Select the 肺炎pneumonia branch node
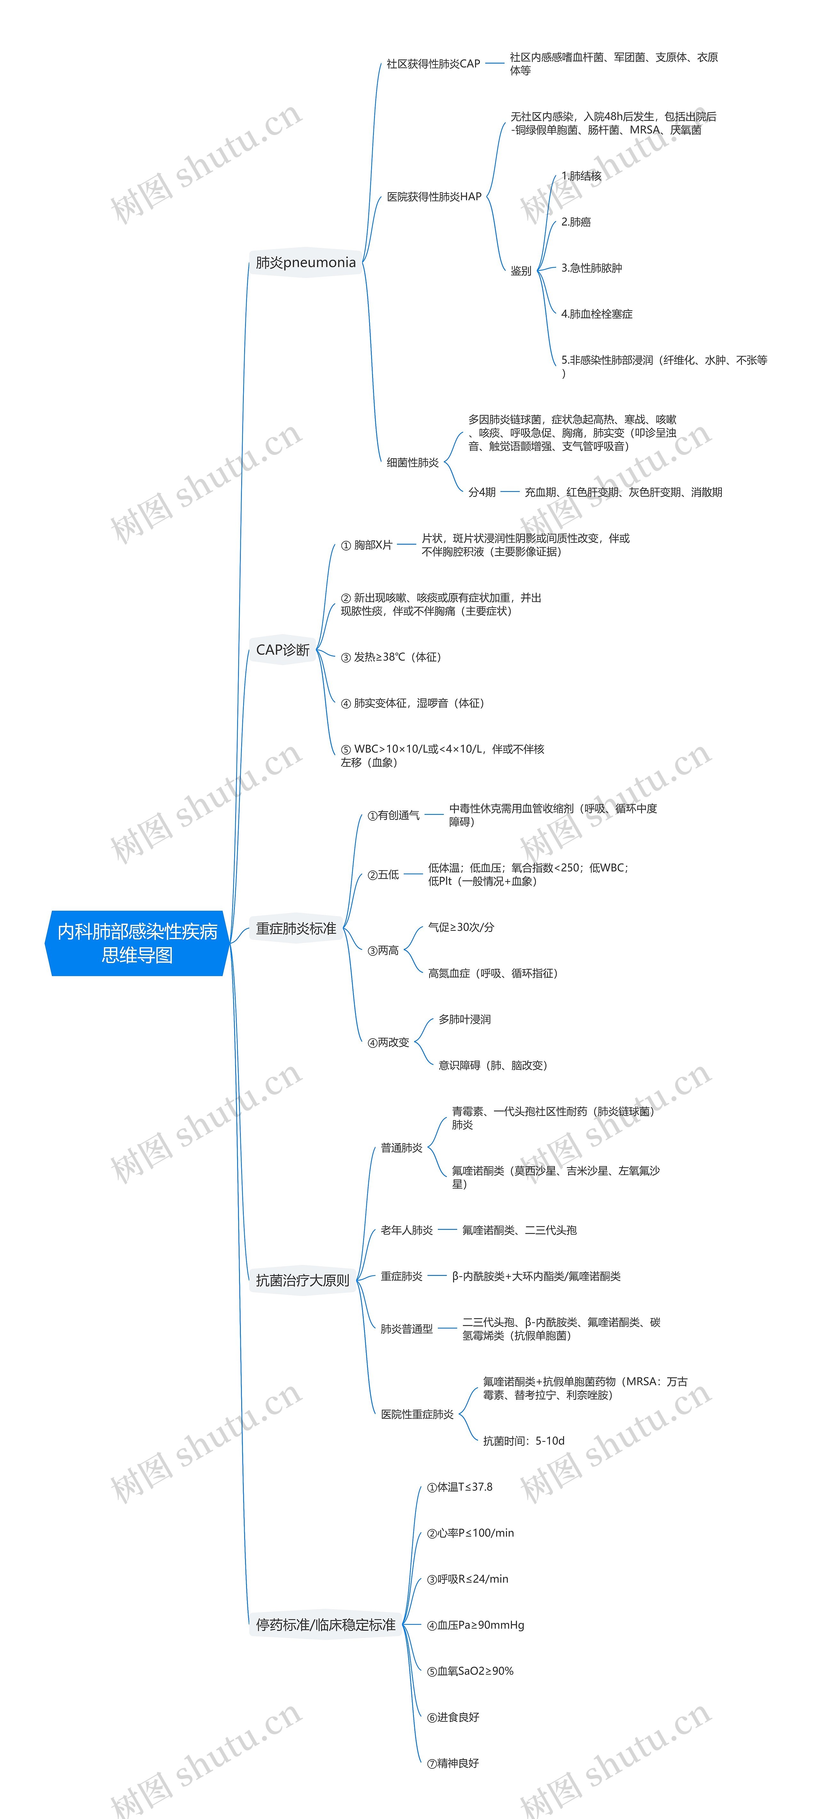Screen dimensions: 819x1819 (x=306, y=263)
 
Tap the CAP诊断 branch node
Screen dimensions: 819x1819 (x=282, y=650)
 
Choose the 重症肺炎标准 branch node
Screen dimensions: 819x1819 (x=296, y=929)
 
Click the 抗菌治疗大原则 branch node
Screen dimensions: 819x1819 (x=302, y=1280)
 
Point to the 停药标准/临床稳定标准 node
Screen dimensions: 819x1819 (x=325, y=1625)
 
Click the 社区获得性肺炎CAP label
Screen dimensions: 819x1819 (x=433, y=64)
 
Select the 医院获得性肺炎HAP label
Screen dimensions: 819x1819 (x=433, y=197)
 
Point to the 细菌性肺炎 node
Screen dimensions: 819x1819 (x=412, y=463)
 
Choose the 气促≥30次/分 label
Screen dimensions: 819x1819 (x=461, y=927)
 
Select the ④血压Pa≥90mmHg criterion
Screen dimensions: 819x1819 (x=475, y=1625)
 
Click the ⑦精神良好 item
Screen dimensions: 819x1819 (x=453, y=1763)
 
